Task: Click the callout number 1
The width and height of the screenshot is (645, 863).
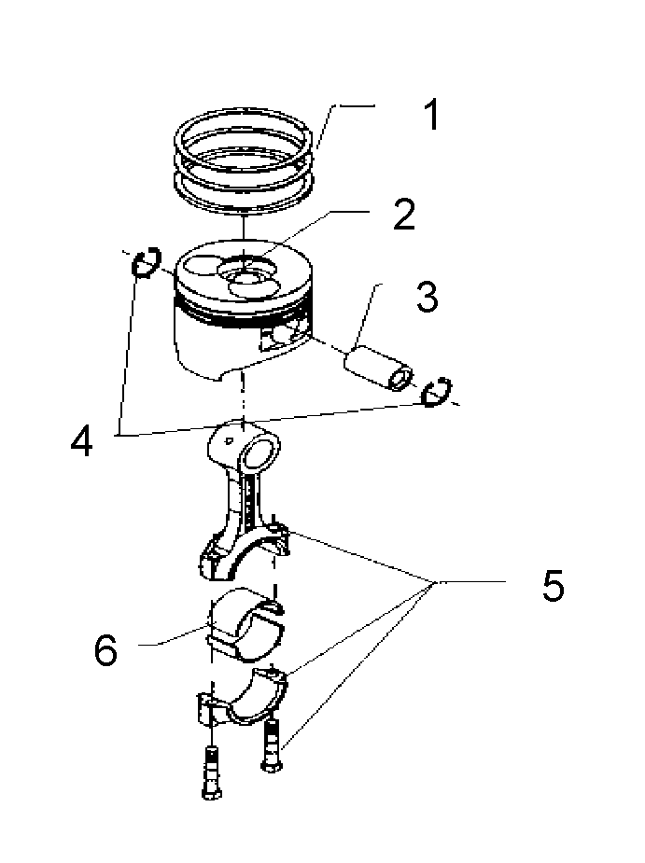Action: pos(432,115)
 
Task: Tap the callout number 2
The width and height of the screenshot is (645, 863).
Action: pos(405,215)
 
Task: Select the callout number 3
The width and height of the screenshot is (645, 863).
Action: pos(428,298)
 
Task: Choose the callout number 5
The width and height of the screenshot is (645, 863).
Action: pos(553,586)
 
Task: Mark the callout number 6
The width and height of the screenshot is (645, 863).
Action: pos(105,649)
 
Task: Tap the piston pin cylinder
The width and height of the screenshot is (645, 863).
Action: pos(379,366)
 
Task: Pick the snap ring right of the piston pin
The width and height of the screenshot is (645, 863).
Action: pos(437,392)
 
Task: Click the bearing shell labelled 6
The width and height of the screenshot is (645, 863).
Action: pos(246,625)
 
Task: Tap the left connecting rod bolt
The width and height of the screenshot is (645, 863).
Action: pos(212,773)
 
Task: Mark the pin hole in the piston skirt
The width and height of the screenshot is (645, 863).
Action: pos(281,338)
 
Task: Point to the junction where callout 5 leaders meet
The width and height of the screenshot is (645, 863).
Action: pos(435,582)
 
